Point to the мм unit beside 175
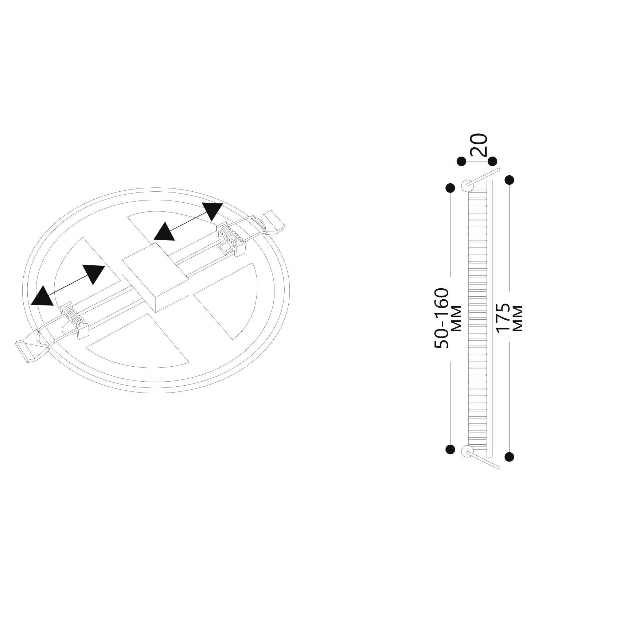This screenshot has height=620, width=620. [x=518, y=319]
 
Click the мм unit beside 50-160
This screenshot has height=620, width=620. [x=456, y=318]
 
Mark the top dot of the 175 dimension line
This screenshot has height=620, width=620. [x=509, y=180]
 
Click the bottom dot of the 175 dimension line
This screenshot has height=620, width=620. [x=509, y=456]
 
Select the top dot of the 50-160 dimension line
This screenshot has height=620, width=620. [x=451, y=188]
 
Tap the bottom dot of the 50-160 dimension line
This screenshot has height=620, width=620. [x=451, y=449]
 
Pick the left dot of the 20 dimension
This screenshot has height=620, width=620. [x=461, y=161]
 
